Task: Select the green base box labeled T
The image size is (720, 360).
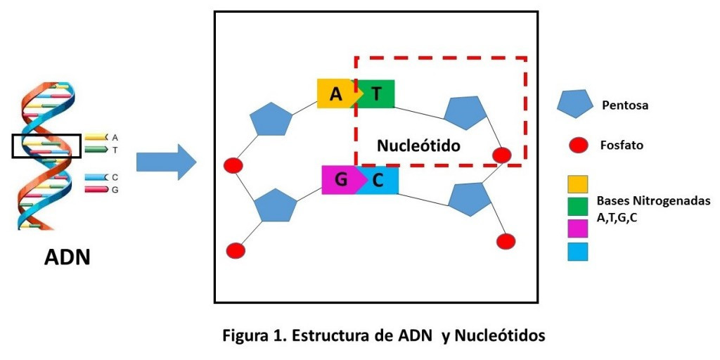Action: (377, 94)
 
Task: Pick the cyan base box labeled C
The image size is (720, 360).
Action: (380, 180)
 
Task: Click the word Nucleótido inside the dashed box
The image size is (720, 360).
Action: (418, 146)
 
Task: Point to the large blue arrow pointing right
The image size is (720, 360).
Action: (166, 162)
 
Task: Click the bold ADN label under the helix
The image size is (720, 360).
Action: (67, 257)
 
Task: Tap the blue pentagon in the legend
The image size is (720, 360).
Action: (575, 105)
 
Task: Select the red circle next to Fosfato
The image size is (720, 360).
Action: (577, 146)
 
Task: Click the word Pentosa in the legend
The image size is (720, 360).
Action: (625, 106)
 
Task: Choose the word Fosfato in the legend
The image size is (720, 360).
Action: (622, 146)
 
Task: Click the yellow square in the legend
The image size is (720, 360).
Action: (577, 186)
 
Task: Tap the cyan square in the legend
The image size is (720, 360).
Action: (577, 251)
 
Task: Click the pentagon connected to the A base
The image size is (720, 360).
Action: (271, 120)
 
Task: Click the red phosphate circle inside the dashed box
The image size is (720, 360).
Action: (501, 155)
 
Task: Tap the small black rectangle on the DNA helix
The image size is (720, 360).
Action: (46, 146)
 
